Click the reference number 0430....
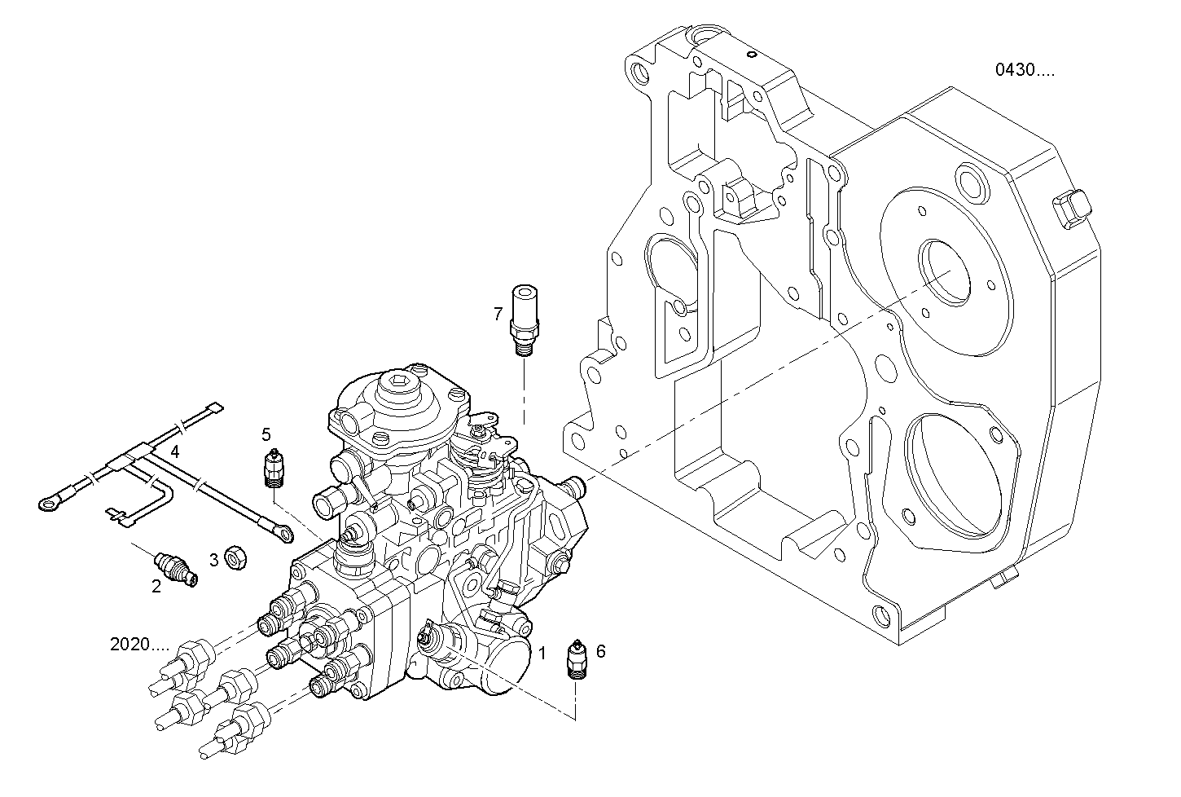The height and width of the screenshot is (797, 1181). click(x=1024, y=70)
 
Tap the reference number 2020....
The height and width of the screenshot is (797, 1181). click(x=139, y=645)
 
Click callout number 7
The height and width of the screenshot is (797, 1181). click(x=498, y=313)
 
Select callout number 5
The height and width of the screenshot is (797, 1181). click(x=266, y=434)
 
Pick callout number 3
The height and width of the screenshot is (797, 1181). click(x=214, y=560)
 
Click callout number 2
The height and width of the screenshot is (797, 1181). click(x=156, y=585)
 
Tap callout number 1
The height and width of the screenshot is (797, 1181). click(x=542, y=652)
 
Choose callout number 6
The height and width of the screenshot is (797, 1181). click(x=600, y=651)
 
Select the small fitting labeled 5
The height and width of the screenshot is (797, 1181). click(x=274, y=469)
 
